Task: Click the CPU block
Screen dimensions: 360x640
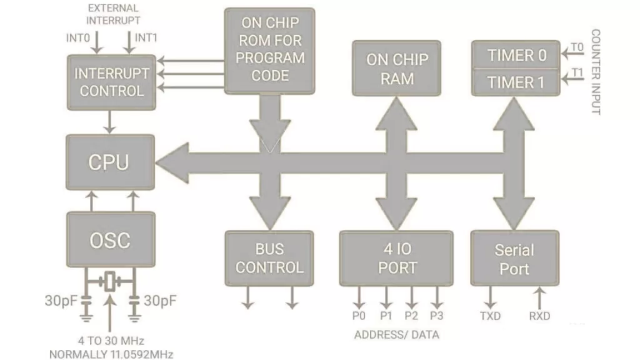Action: pyautogui.click(x=110, y=162)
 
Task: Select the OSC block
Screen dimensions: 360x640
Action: pyautogui.click(x=110, y=239)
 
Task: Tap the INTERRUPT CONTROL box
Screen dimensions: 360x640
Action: pyautogui.click(x=111, y=82)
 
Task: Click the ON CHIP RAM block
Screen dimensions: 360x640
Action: pyautogui.click(x=397, y=68)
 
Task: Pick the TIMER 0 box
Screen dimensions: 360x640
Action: pyautogui.click(x=516, y=55)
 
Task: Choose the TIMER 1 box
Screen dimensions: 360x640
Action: pyautogui.click(x=516, y=82)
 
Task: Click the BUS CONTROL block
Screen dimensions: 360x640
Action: pyautogui.click(x=269, y=258)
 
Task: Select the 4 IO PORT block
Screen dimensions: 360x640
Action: pyautogui.click(x=396, y=258)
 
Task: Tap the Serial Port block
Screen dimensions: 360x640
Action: pyautogui.click(x=514, y=259)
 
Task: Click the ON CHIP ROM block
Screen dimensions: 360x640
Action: pyautogui.click(x=270, y=49)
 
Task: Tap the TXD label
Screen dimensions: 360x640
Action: pyautogui.click(x=490, y=316)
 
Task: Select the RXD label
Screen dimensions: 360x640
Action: pyautogui.click(x=539, y=316)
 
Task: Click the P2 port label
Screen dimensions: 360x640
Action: pyautogui.click(x=411, y=316)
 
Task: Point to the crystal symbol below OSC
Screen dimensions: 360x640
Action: pyautogui.click(x=111, y=282)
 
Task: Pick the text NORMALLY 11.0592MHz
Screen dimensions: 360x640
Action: pyautogui.click(x=111, y=354)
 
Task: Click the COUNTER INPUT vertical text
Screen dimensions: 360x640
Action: pyautogui.click(x=596, y=72)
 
